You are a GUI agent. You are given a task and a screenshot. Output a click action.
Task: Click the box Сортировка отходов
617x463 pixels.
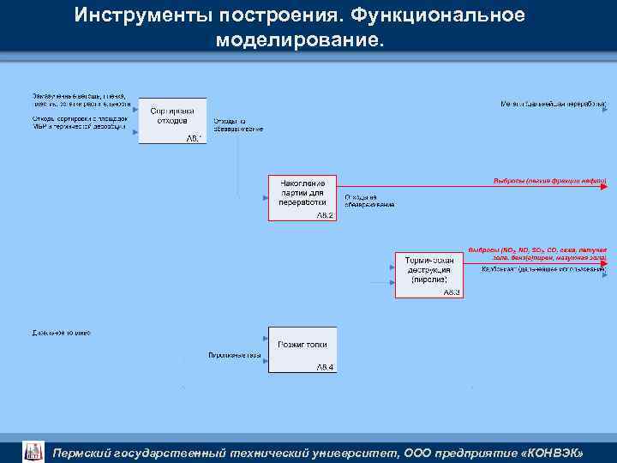tap(172, 117)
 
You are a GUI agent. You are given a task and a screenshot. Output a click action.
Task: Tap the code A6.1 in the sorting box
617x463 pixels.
tap(195, 138)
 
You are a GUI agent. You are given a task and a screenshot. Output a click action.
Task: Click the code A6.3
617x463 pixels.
tap(452, 292)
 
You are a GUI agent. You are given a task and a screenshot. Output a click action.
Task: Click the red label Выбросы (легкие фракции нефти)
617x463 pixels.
tap(549, 181)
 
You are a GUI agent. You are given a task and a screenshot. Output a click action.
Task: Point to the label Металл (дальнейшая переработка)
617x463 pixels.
tap(554, 105)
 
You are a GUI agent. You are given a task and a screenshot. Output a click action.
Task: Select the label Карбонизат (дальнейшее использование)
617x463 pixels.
tap(543, 269)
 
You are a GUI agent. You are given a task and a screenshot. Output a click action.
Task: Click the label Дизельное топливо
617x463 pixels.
tap(61, 332)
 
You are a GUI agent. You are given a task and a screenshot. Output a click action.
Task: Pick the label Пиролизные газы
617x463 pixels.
tap(233, 354)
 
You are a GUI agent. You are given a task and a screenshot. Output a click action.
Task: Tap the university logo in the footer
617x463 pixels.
tap(33, 451)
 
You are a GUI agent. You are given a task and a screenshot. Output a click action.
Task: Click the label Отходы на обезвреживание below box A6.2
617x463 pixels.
tap(369, 201)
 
